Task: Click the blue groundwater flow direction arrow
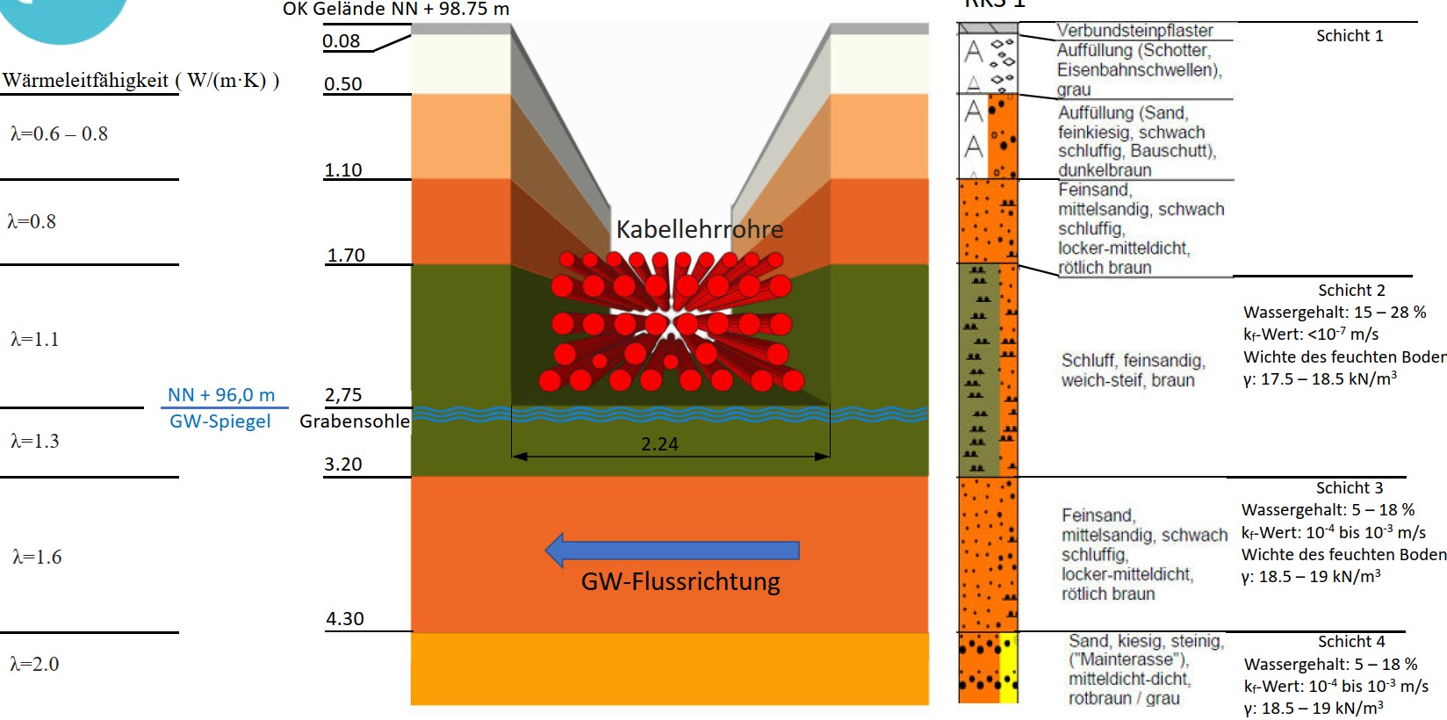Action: (x=672, y=551)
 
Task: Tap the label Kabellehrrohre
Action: (x=699, y=230)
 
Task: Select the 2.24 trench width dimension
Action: (x=659, y=444)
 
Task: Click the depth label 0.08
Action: (x=341, y=41)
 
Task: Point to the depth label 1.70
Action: (x=346, y=256)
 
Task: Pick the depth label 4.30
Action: (x=344, y=619)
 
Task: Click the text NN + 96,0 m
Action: (x=221, y=395)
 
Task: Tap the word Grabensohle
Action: (x=354, y=421)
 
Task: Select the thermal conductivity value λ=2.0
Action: (x=35, y=665)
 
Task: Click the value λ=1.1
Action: (x=35, y=340)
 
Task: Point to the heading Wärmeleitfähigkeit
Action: (x=85, y=81)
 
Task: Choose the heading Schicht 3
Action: (x=1349, y=488)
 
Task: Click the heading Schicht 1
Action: (x=1349, y=36)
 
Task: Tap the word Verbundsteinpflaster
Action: (x=1134, y=31)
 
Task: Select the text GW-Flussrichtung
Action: (x=680, y=582)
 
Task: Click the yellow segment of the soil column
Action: (x=1009, y=667)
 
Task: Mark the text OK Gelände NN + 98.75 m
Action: (x=395, y=10)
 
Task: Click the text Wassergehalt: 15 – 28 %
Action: (x=1334, y=313)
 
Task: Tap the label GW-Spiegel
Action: (x=220, y=421)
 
